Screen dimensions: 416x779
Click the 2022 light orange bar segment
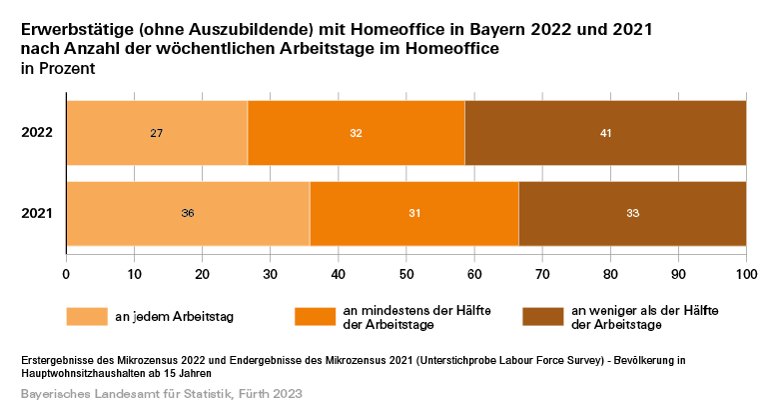pyautogui.click(x=157, y=133)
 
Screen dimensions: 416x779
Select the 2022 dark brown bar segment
pyautogui.click(x=605, y=133)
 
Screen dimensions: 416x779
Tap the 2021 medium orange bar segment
pyautogui.click(x=413, y=213)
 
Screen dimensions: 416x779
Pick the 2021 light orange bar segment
pyautogui.click(x=188, y=213)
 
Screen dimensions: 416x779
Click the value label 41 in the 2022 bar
pyautogui.click(x=605, y=133)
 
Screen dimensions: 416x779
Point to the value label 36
pyautogui.click(x=188, y=213)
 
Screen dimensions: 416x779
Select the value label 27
pyautogui.click(x=157, y=133)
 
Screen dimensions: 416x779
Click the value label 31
pyautogui.click(x=413, y=213)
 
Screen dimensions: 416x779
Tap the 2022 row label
pyautogui.click(x=37, y=133)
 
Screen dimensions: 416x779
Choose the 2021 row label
pyautogui.click(x=37, y=213)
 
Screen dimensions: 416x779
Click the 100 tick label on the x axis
pyautogui.click(x=745, y=272)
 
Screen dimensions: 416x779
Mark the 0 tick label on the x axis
pyautogui.click(x=66, y=272)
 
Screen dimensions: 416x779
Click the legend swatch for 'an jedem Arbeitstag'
pyautogui.click(x=87, y=316)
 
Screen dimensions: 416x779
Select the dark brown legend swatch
pyautogui.click(x=544, y=316)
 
